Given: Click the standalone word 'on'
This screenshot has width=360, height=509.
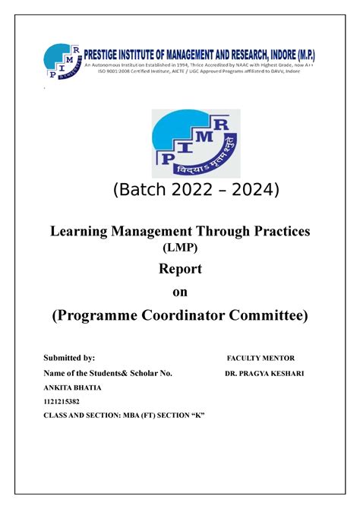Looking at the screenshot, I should coord(179,292).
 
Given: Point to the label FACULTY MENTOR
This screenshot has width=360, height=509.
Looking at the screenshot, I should coord(261,358).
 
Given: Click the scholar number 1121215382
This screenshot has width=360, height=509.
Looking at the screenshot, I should coord(64,402).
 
